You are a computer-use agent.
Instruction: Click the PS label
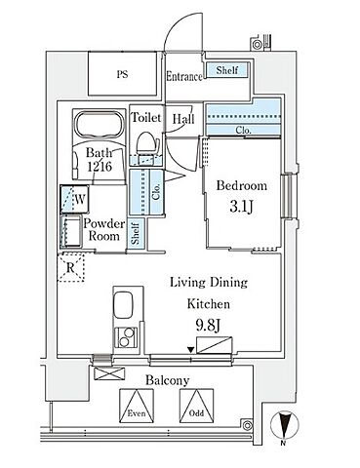pos(122,75)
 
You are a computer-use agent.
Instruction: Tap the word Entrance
pos(184,77)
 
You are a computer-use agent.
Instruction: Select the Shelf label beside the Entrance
pos(227,70)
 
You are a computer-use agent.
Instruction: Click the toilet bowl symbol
pos(147,143)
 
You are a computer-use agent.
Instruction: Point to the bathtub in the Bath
pos(100,125)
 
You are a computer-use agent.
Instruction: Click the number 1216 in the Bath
pos(100,167)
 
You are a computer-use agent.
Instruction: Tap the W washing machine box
pos(75,199)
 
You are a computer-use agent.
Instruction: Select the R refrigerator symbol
pos(70,268)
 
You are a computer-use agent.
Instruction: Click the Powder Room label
pos(103,229)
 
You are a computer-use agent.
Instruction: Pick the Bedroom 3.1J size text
pos(241,207)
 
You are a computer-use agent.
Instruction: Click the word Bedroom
pos(242,186)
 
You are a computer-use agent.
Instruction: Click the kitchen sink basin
pos(123,305)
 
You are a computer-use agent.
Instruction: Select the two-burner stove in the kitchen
pos(126,337)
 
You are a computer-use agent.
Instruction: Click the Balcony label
pos(167,380)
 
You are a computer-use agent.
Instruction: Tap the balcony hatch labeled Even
pos(137,406)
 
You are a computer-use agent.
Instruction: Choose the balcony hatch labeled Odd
pos(197,406)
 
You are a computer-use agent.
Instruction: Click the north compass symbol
pos(285,425)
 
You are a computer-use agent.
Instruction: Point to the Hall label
pos(183,119)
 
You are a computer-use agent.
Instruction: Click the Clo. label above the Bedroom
pos(243,131)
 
